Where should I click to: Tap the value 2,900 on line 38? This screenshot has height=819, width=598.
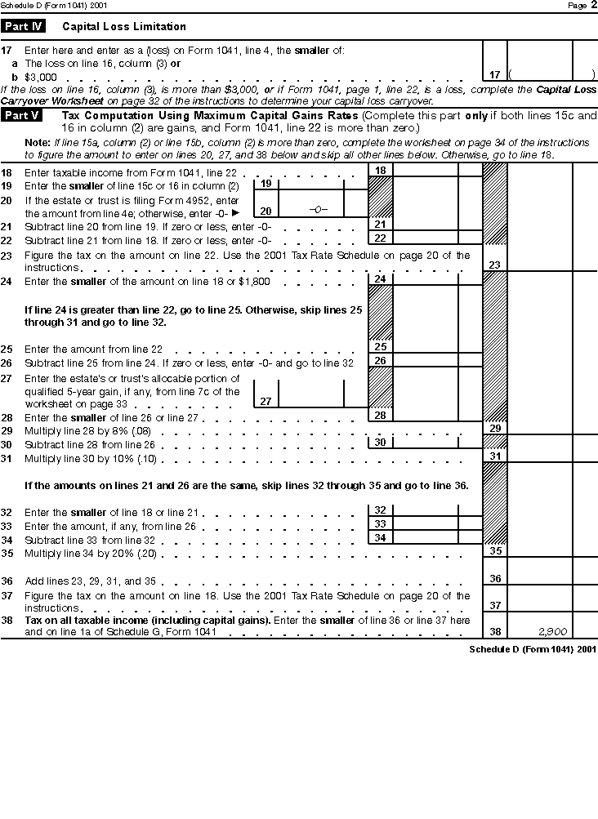tap(552, 631)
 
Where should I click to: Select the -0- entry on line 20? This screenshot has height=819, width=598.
tap(318, 210)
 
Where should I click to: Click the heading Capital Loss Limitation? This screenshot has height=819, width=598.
tap(124, 27)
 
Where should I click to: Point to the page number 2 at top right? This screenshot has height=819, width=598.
tap(593, 5)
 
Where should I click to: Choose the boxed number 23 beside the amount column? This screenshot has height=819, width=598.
tap(494, 265)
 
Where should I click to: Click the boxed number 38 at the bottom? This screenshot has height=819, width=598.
tap(494, 631)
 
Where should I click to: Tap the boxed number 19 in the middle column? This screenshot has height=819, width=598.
tap(266, 184)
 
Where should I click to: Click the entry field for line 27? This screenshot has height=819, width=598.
tap(310, 394)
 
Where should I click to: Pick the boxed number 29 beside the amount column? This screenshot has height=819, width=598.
tap(494, 428)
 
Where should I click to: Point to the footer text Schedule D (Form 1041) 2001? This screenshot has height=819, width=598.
tap(532, 649)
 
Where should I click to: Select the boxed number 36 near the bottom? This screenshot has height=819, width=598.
tap(494, 579)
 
